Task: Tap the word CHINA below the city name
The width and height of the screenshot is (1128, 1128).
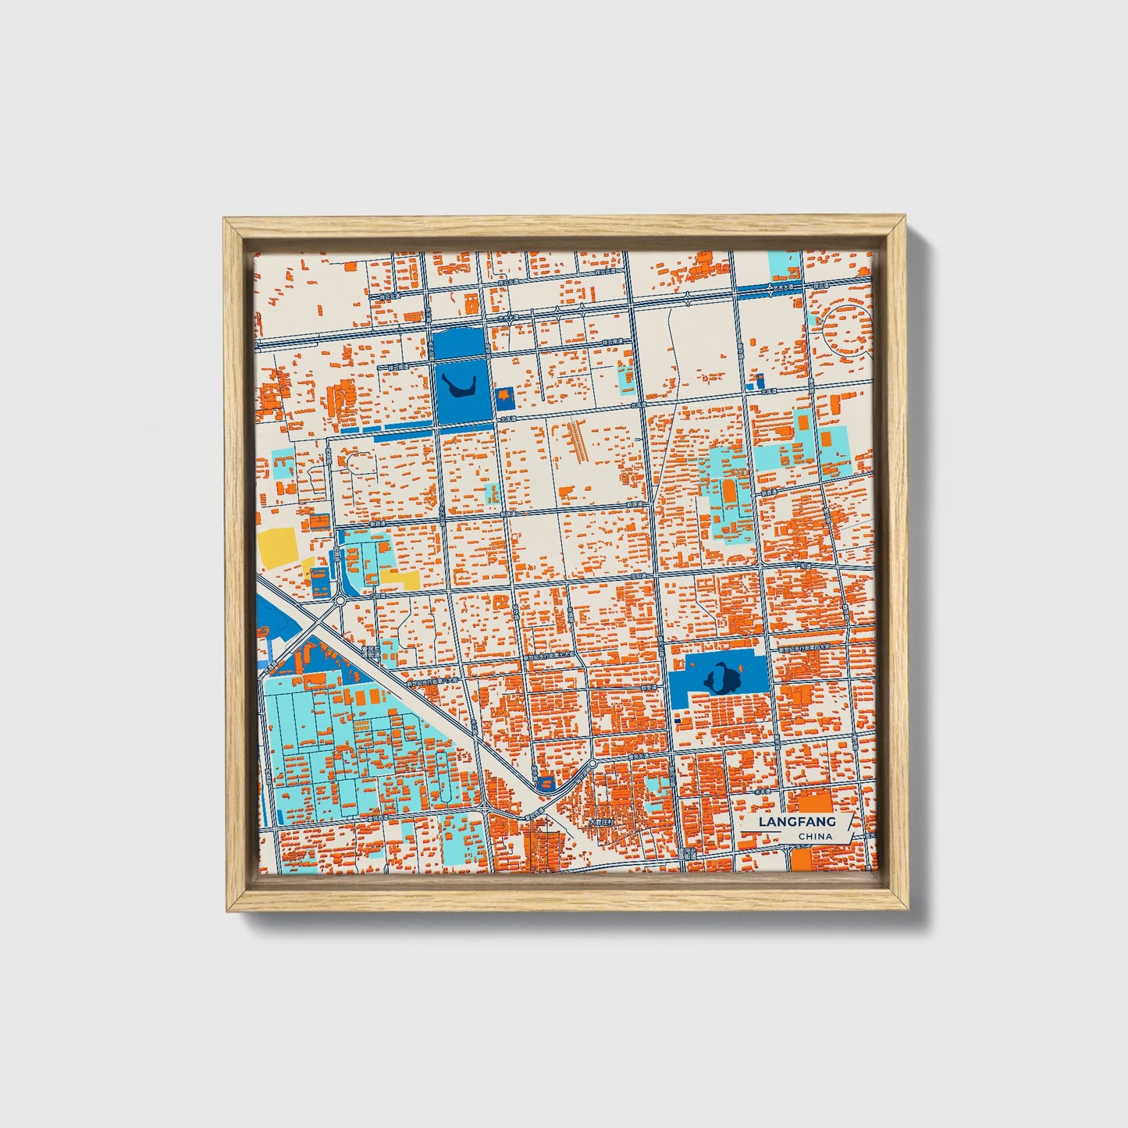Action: pyautogui.click(x=815, y=836)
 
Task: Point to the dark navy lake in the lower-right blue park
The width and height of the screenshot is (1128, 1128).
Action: pyautogui.click(x=720, y=676)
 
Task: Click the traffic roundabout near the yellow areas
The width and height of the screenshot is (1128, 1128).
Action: pyautogui.click(x=340, y=601)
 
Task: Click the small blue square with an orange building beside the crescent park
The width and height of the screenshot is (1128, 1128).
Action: pyautogui.click(x=504, y=397)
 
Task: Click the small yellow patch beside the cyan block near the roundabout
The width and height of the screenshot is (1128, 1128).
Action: pyautogui.click(x=400, y=578)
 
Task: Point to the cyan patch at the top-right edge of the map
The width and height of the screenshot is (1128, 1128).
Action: pyautogui.click(x=784, y=266)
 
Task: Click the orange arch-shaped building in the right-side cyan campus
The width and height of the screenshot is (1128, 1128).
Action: pyautogui.click(x=729, y=492)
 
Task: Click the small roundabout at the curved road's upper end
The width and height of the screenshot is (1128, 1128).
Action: pyautogui.click(x=593, y=763)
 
